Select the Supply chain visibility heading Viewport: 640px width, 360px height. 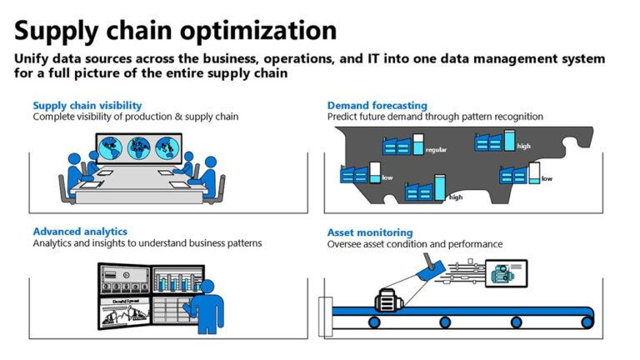tap(87, 105)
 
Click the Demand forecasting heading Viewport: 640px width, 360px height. tap(377, 105)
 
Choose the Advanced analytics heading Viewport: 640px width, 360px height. tap(80, 231)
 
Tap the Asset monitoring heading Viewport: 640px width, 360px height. tap(369, 232)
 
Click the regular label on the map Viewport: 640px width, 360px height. tap(437, 150)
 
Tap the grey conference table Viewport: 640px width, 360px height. tap(138, 187)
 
